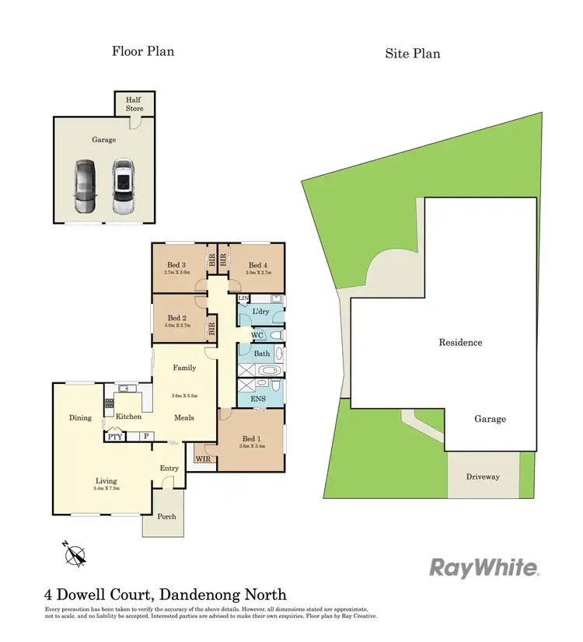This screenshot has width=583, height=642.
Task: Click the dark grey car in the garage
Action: point(86,187)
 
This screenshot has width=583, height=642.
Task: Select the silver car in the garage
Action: point(122,187)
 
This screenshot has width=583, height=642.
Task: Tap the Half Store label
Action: point(134,105)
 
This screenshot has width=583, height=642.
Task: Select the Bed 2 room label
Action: point(177,318)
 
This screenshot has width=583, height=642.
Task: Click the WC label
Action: point(259,335)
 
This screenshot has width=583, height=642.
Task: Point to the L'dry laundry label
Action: point(261,312)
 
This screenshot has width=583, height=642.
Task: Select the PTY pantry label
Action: point(116,438)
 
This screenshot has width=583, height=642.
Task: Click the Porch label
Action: point(166,516)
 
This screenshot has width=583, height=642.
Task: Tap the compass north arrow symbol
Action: point(76,554)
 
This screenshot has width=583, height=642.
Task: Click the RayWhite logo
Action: point(484,567)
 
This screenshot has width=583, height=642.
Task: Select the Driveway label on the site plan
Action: point(483,476)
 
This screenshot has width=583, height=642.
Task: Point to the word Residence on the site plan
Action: point(460,342)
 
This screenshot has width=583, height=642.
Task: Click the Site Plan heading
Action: point(413,54)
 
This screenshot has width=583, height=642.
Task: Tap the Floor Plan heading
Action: point(143,51)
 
